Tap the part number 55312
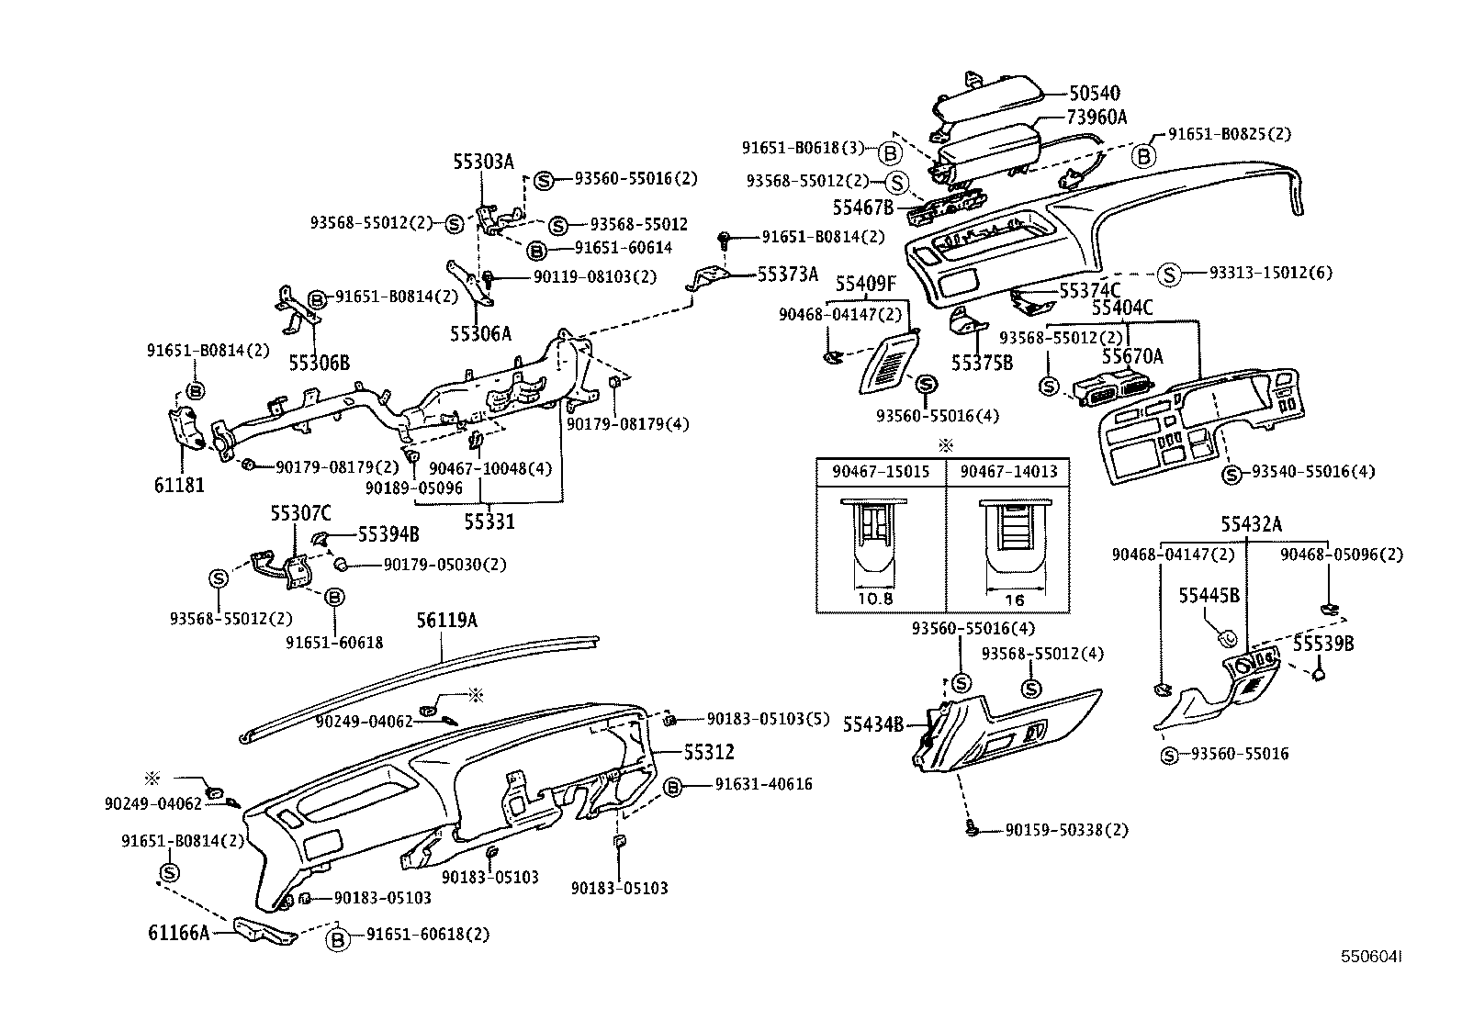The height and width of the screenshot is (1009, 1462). click(708, 752)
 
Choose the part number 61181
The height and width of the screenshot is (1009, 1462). click(179, 485)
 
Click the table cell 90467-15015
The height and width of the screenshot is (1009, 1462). click(881, 472)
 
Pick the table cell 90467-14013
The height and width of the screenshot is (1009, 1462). click(1008, 472)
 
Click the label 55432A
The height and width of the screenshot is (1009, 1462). click(1251, 524)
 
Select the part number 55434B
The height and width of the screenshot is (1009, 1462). click(873, 724)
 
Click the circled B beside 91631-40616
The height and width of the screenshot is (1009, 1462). click(672, 785)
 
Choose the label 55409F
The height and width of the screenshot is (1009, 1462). click(865, 285)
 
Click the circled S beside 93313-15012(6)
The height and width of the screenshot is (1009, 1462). click(1168, 273)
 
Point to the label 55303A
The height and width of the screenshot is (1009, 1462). click(482, 163)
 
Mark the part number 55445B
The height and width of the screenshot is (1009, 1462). click(1209, 595)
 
